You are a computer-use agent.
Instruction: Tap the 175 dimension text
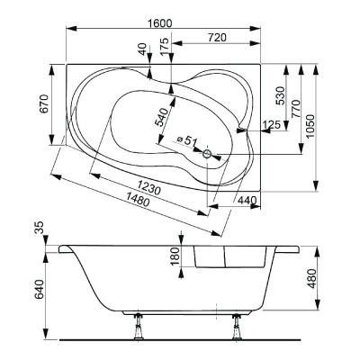pyautogui.click(x=163, y=47)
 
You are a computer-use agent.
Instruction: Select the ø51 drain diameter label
pyautogui.click(x=186, y=140)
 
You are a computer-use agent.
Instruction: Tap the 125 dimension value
pyautogui.click(x=268, y=123)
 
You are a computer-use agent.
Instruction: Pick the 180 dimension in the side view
pyautogui.click(x=176, y=257)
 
